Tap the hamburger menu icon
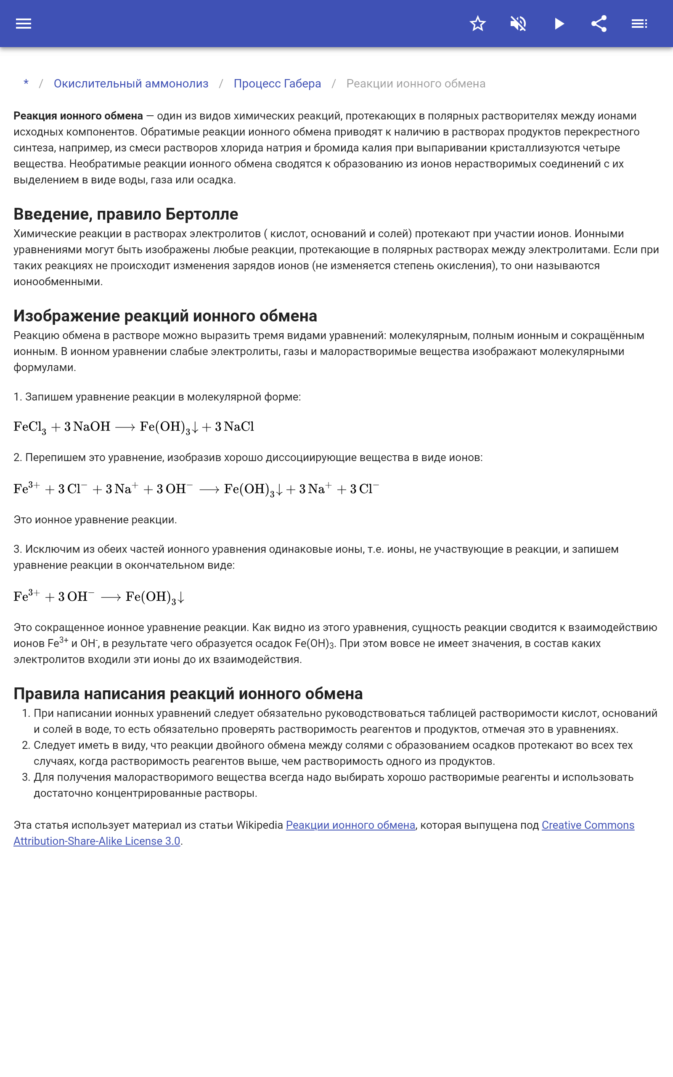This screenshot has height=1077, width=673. [24, 24]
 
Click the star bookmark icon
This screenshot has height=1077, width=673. [477, 24]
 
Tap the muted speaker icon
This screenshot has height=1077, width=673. [518, 24]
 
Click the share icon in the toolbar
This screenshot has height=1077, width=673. [599, 24]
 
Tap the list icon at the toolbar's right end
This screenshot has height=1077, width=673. [639, 24]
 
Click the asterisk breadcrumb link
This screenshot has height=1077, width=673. [26, 83]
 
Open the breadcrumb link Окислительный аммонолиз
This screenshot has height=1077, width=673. [131, 84]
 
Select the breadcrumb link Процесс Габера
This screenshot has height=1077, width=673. [277, 84]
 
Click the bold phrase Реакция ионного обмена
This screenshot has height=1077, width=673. [78, 116]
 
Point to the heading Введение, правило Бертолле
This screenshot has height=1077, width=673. [126, 214]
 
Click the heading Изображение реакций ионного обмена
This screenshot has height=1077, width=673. [165, 316]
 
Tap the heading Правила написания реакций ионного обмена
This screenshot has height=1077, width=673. [188, 693]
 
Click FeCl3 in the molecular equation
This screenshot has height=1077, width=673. [30, 427]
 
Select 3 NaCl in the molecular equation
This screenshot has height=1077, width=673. [235, 427]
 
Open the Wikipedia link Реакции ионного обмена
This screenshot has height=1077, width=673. [350, 825]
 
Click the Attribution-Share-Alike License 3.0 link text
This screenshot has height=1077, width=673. [97, 841]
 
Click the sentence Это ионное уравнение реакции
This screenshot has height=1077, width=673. [95, 520]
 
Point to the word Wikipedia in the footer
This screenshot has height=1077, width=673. [259, 825]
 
